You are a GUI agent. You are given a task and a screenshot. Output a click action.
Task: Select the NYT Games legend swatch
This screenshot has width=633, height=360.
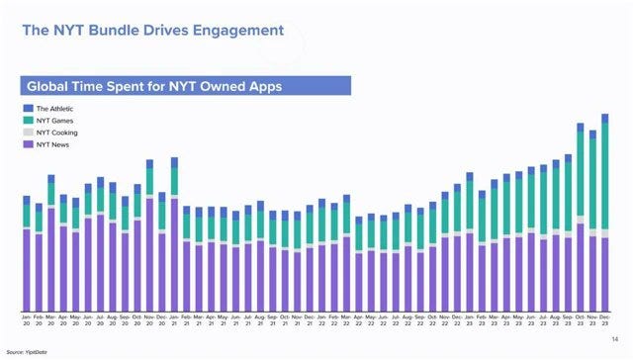(x=29, y=120)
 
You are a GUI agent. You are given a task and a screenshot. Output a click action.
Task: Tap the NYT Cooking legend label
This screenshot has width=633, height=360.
(x=57, y=132)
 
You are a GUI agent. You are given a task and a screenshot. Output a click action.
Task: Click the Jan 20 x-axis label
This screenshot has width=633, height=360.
(x=27, y=321)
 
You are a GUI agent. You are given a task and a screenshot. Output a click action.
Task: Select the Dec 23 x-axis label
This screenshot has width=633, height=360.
(x=604, y=321)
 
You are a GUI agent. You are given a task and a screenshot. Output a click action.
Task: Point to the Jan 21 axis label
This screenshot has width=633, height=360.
(x=174, y=321)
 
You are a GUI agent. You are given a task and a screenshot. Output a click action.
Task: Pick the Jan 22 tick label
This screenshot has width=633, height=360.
(x=321, y=321)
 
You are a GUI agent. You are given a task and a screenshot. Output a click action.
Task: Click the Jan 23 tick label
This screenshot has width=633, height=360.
(x=469, y=321)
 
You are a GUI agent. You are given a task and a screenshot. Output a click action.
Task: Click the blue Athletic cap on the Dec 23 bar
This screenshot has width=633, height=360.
(x=604, y=118)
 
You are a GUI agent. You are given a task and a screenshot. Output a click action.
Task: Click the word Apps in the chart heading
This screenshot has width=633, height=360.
(x=263, y=86)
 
